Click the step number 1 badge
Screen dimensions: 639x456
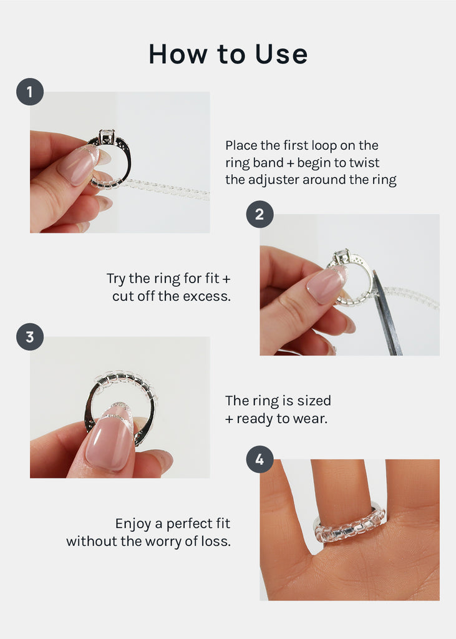[x=29, y=92]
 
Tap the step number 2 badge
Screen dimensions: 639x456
[x=260, y=215]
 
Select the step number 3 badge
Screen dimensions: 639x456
[x=29, y=338]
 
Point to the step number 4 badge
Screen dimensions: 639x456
[x=260, y=461]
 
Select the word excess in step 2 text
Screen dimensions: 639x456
[x=208, y=296]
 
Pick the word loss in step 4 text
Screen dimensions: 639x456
[x=217, y=541]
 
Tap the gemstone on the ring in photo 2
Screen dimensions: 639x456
[x=341, y=256]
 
